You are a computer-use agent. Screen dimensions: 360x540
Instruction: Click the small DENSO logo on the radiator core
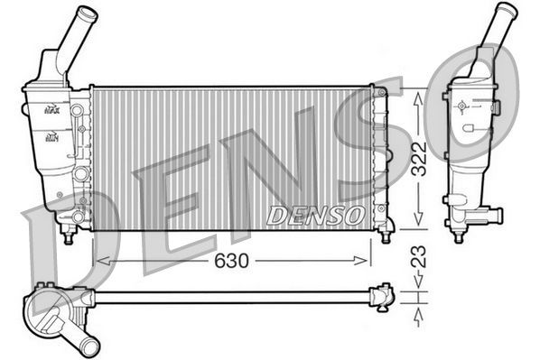pos(315,215)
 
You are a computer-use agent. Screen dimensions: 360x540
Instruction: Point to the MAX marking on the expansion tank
pos(52,110)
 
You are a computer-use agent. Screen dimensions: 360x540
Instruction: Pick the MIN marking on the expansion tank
pos(52,137)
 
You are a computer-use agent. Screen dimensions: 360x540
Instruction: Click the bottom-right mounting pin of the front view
pos(386,236)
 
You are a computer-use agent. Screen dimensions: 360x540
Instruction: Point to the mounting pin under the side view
pos(458,236)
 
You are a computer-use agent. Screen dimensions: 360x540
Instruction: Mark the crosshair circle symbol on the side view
pos(462,106)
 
